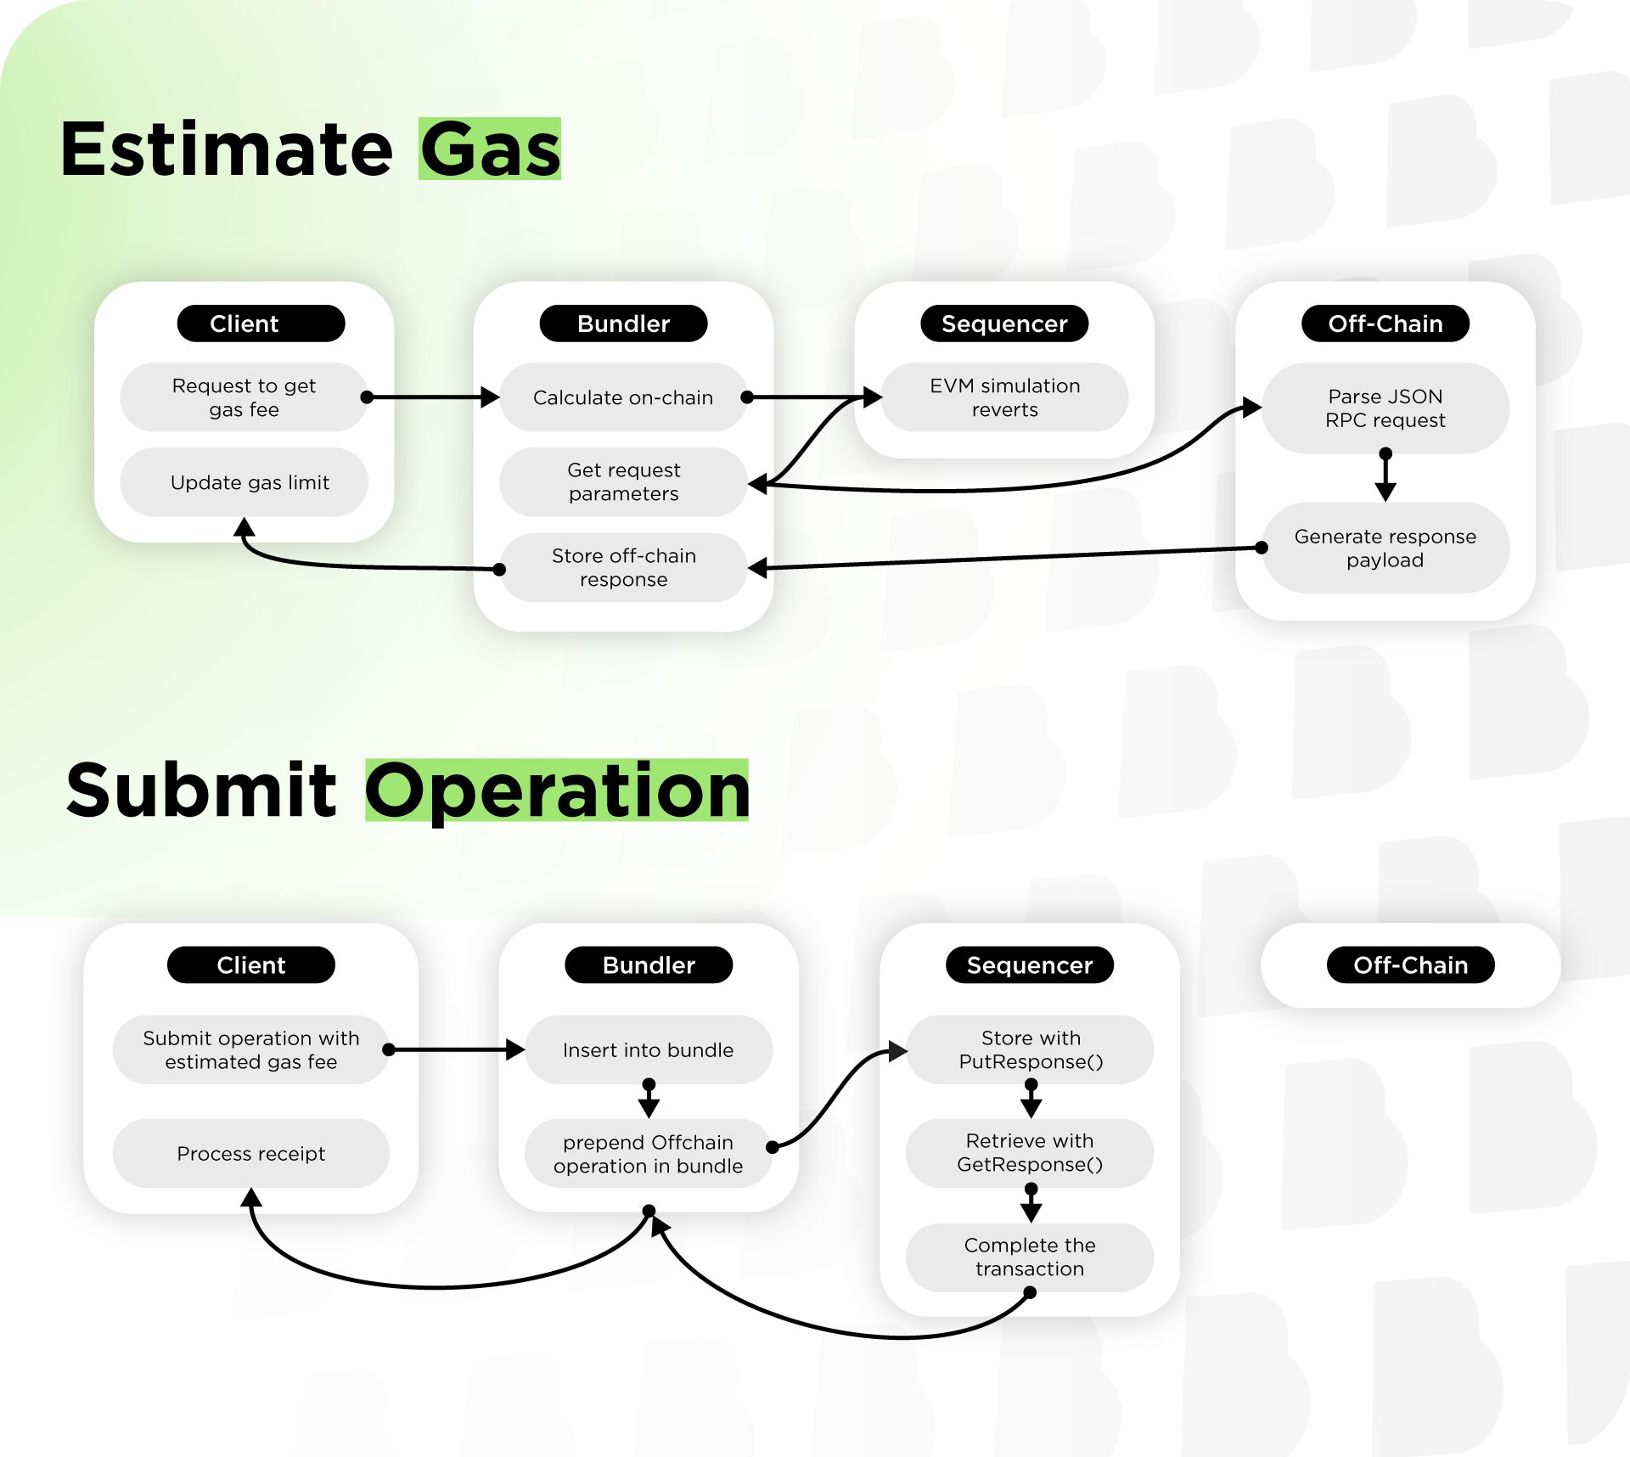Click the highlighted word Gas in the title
click(490, 149)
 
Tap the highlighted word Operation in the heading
click(557, 790)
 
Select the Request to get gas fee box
click(244, 397)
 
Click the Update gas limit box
click(244, 482)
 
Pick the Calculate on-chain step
click(623, 397)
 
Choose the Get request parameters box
click(623, 482)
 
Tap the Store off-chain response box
click(623, 568)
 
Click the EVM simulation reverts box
click(1005, 397)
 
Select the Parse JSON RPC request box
click(1385, 408)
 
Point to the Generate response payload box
click(1385, 548)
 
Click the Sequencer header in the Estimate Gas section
click(1005, 323)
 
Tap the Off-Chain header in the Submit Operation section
click(1411, 965)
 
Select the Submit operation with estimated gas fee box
click(251, 1050)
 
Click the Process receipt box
click(251, 1153)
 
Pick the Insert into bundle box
click(649, 1050)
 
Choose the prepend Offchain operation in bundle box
click(649, 1154)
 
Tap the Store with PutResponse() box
click(1031, 1050)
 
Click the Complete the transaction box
click(1031, 1257)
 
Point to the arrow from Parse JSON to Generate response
click(1385, 475)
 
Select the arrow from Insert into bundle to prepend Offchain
click(649, 1099)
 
